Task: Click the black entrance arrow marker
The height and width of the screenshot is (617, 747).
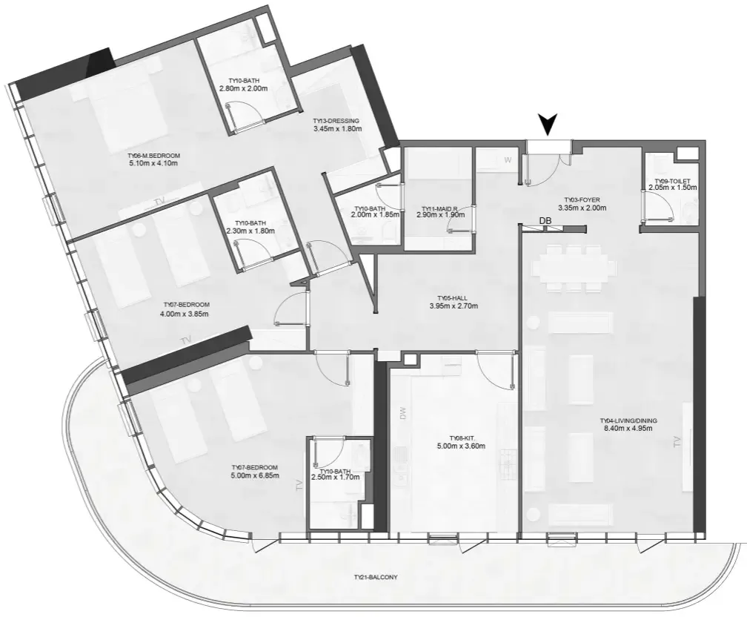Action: (x=548, y=124)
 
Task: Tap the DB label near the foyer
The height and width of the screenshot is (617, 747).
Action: (x=545, y=221)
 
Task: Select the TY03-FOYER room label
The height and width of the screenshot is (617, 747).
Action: (x=582, y=200)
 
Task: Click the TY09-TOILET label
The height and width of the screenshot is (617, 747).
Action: (x=672, y=181)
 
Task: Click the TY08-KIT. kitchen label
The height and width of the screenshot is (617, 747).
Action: (x=461, y=438)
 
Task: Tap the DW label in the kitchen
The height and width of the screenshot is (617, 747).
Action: (x=404, y=413)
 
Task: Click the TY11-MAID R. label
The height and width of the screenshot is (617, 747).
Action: (x=440, y=208)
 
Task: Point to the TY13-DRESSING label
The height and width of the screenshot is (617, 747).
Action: (x=336, y=121)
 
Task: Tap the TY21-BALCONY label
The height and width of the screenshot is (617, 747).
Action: (x=376, y=577)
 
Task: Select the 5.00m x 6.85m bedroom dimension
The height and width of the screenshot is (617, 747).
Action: (x=255, y=475)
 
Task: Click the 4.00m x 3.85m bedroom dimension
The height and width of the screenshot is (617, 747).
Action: (x=185, y=314)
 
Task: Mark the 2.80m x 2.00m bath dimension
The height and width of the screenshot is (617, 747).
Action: (x=243, y=88)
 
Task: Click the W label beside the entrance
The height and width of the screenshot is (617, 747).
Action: (x=508, y=159)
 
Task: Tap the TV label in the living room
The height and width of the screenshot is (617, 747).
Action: (x=677, y=442)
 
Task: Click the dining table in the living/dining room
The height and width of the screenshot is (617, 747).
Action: (x=571, y=268)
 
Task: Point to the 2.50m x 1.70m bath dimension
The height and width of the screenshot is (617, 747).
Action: (x=336, y=478)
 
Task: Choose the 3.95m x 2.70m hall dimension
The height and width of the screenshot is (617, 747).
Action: (x=454, y=306)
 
